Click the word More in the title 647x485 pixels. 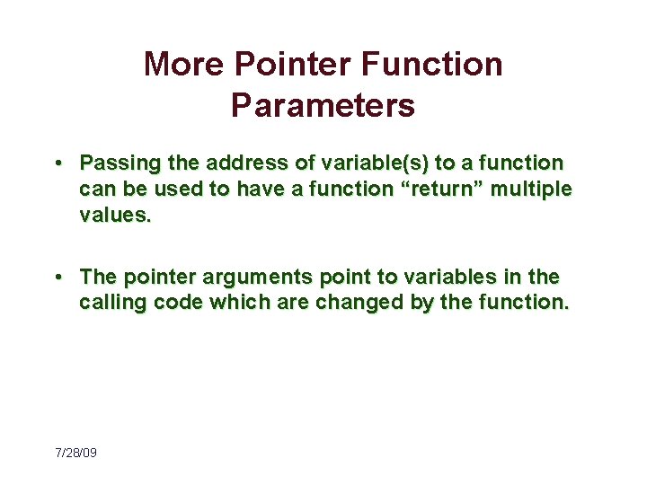pos(182,65)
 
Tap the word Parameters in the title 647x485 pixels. pos(323,105)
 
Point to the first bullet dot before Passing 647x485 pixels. pos(57,163)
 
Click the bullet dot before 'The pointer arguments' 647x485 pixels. pos(57,277)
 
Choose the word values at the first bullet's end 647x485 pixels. pos(112,216)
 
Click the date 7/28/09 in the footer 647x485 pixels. pos(75,453)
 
